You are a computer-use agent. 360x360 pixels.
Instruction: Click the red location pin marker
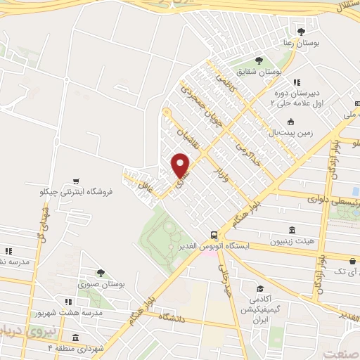(181, 165)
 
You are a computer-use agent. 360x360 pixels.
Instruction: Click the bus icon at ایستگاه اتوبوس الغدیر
(214, 235)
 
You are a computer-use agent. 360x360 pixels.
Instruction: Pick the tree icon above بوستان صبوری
(101, 273)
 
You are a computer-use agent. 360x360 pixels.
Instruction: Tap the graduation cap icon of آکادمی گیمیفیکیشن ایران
(259, 288)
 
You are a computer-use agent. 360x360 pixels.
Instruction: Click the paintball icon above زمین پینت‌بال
(290, 121)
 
